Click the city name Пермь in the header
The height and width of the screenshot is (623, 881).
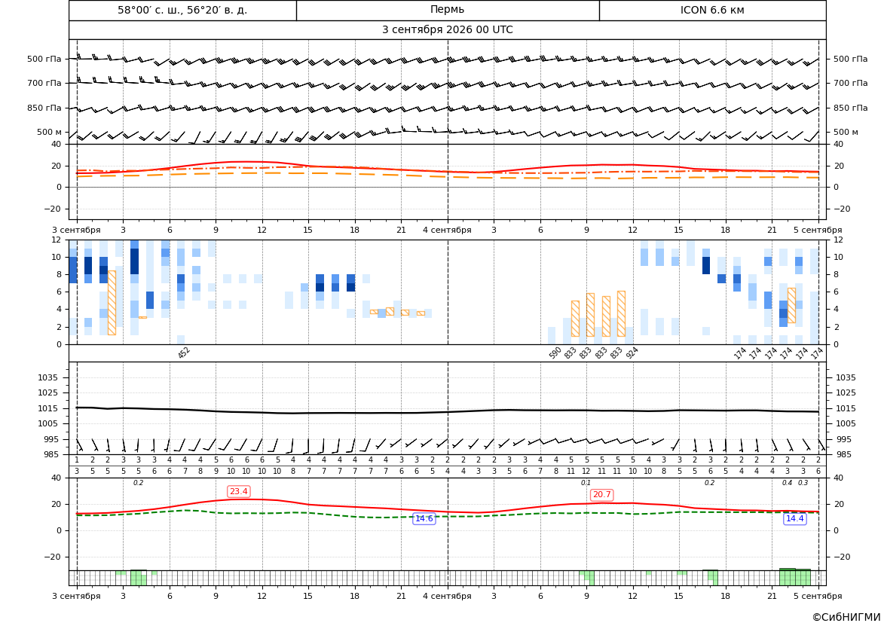tap(447, 10)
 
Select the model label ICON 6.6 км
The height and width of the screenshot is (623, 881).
tap(712, 10)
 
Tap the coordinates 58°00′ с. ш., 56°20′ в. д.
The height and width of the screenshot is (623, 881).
tap(182, 10)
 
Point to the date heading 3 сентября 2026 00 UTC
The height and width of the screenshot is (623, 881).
tap(447, 30)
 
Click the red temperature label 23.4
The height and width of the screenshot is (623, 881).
tap(238, 492)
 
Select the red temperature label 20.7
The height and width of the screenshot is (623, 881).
tap(601, 495)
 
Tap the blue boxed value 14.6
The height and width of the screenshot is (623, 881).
tap(424, 518)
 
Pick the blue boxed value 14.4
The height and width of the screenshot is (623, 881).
tap(794, 518)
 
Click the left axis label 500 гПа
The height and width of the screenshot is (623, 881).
tap(44, 59)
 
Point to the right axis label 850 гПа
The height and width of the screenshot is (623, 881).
tap(850, 108)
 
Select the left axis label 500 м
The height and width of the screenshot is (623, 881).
tap(50, 132)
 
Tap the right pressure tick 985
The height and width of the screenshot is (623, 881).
tap(846, 454)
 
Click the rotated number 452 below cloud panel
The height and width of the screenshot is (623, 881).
tap(184, 353)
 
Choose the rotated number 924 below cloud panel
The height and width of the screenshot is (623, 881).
tap(632, 353)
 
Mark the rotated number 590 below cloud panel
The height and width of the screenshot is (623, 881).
tap(555, 353)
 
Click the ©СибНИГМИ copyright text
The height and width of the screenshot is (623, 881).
tap(846, 617)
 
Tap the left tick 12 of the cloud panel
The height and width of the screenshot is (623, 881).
tap(57, 240)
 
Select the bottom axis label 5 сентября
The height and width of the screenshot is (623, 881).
tap(818, 596)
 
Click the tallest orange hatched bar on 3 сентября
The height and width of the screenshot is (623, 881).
tap(112, 303)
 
